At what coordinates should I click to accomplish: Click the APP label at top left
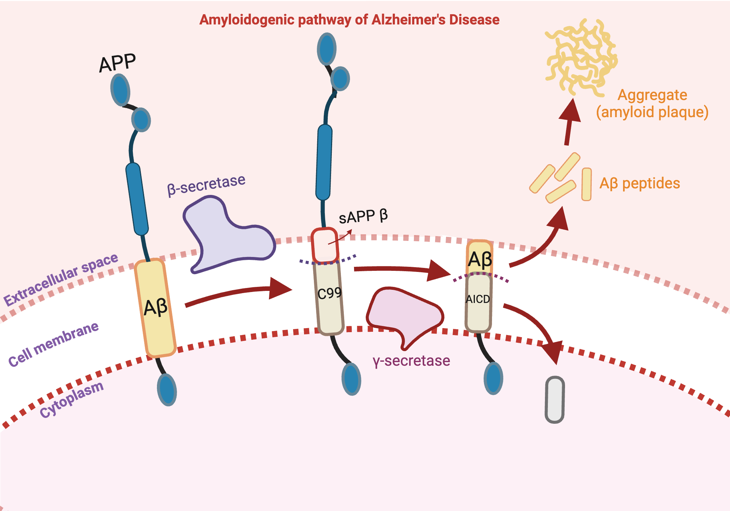pyautogui.click(x=118, y=63)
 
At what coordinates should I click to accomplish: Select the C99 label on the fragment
pyautogui.click(x=329, y=293)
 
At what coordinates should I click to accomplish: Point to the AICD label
pyautogui.click(x=478, y=299)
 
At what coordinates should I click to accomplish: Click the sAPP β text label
pyautogui.click(x=363, y=216)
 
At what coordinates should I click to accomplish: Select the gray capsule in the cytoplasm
pyautogui.click(x=555, y=400)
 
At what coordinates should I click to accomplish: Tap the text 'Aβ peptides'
pyautogui.click(x=639, y=183)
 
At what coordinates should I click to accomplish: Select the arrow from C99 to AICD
pyautogui.click(x=401, y=270)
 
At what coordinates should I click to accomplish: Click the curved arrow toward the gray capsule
pyautogui.click(x=537, y=325)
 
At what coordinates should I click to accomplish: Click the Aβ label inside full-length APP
pyautogui.click(x=156, y=307)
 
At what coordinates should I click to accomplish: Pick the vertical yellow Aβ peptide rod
pyautogui.click(x=586, y=184)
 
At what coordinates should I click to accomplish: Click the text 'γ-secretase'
pyautogui.click(x=411, y=361)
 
